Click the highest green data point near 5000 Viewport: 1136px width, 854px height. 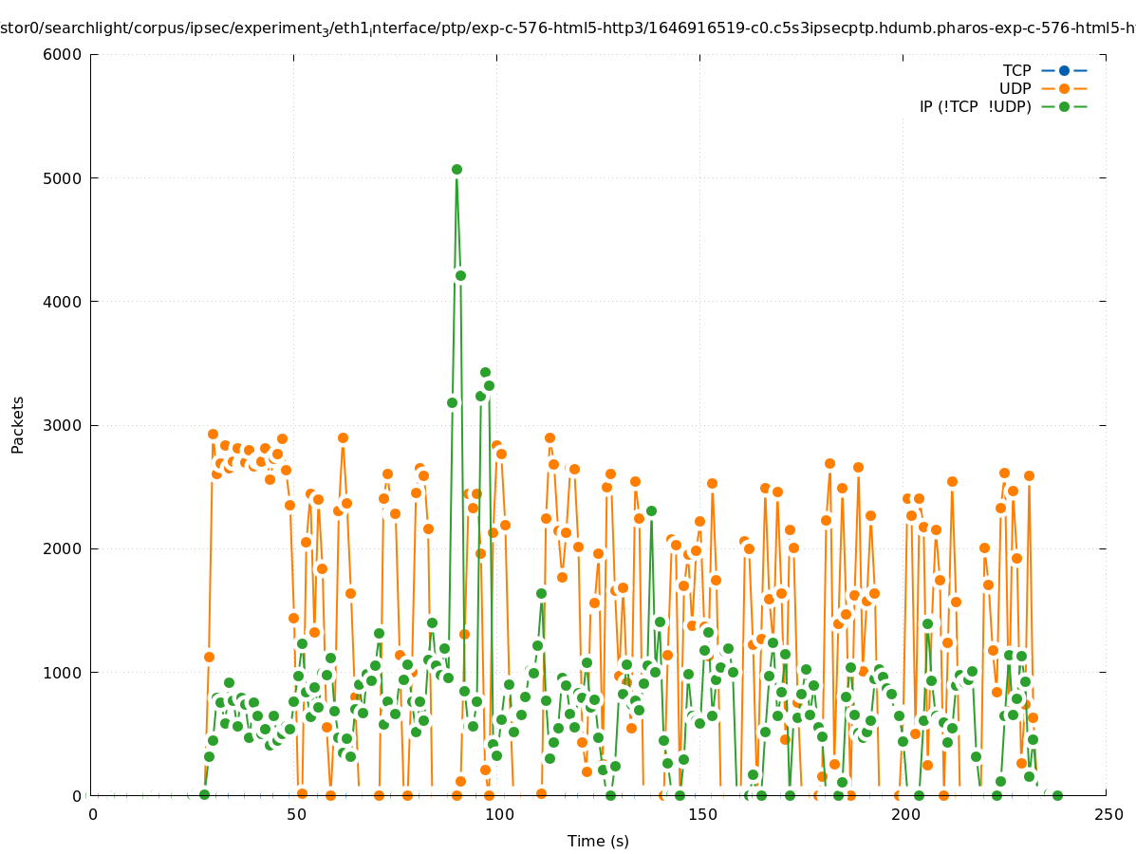(456, 169)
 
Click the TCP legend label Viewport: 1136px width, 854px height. (1016, 70)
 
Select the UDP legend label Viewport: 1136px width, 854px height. (1015, 88)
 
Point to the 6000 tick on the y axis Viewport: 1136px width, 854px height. (64, 54)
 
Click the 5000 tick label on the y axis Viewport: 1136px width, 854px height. (64, 178)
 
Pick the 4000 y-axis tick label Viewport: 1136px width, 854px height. (64, 302)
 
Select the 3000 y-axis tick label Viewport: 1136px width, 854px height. (64, 425)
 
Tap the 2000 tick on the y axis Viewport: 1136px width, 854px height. (64, 548)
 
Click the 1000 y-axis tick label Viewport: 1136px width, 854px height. (64, 673)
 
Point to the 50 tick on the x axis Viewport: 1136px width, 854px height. (295, 814)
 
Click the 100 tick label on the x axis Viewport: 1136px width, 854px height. (498, 814)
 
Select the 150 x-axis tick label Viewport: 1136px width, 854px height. (701, 814)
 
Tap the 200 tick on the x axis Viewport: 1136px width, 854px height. (904, 814)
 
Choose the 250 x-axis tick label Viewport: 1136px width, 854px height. (1108, 814)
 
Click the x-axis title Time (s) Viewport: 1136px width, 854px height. (598, 841)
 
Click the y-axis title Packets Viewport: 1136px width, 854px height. (18, 424)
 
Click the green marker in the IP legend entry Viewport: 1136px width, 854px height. (1064, 106)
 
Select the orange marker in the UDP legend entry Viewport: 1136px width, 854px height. (1064, 88)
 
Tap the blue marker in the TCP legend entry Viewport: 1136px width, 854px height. (1064, 70)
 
